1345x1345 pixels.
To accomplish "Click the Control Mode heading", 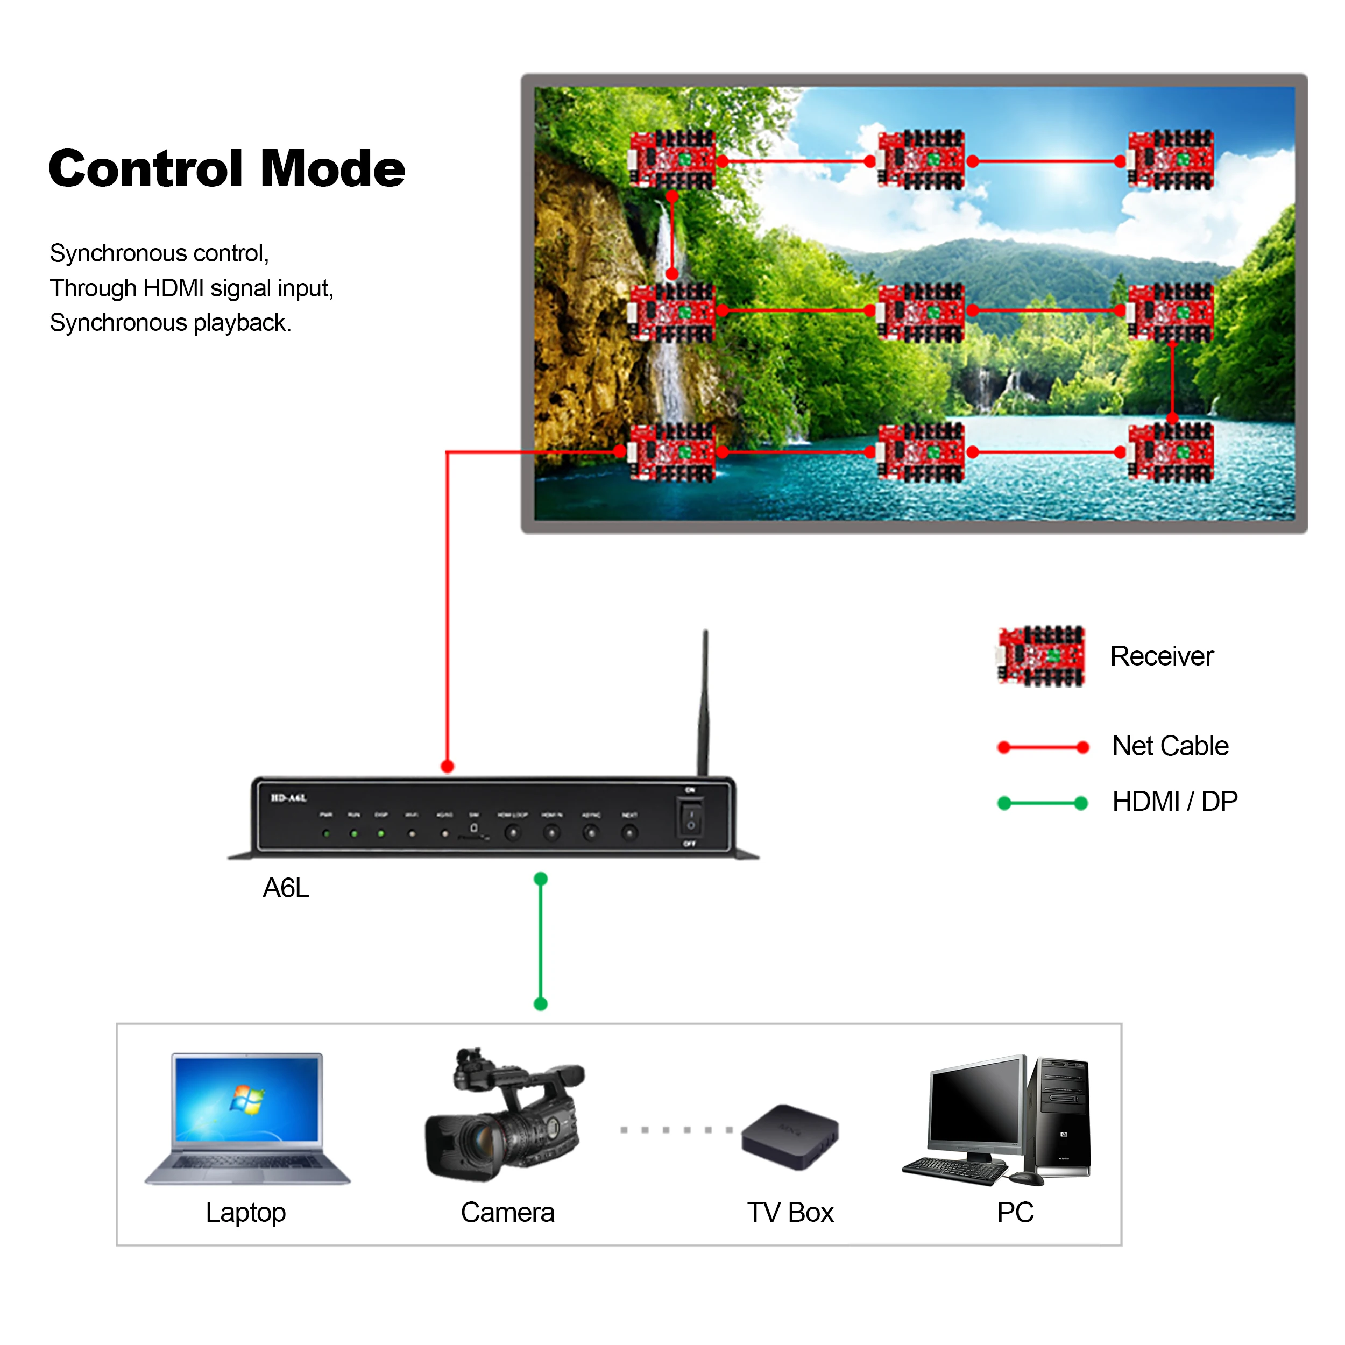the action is [x=227, y=168].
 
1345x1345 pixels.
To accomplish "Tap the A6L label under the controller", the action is [x=286, y=888].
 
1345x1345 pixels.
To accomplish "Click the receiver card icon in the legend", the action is [x=1041, y=656].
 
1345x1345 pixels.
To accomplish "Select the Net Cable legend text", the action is [x=1170, y=746].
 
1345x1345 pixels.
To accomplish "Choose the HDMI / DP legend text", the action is [x=1174, y=801].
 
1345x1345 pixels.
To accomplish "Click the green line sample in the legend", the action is [x=1042, y=803].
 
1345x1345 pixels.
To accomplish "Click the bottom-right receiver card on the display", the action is [x=1170, y=452].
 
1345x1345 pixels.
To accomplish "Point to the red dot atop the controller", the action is [x=448, y=767].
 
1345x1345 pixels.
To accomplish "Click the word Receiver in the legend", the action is [x=1161, y=656].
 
